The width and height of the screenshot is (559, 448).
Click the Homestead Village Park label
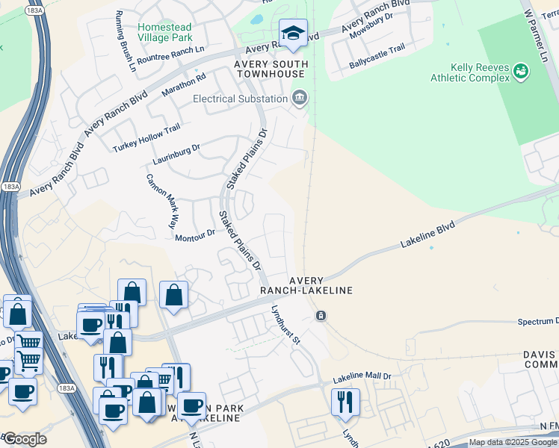[165, 32]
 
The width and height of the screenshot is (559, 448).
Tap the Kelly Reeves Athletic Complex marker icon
[521, 72]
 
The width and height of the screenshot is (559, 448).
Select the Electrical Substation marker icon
[300, 99]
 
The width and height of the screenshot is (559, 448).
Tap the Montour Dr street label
[195, 236]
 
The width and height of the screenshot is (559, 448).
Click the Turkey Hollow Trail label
[147, 138]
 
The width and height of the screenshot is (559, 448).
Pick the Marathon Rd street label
[184, 86]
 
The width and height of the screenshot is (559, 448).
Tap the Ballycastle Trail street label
[377, 57]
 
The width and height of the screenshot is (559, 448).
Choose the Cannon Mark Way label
[162, 201]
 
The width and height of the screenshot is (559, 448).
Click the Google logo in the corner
[24, 439]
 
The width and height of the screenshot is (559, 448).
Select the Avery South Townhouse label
[270, 69]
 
